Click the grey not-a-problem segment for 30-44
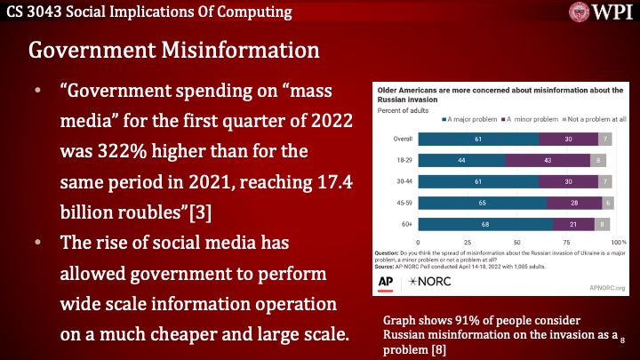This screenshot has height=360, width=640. tap(605, 181)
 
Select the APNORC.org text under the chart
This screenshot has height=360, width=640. tap(606, 287)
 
